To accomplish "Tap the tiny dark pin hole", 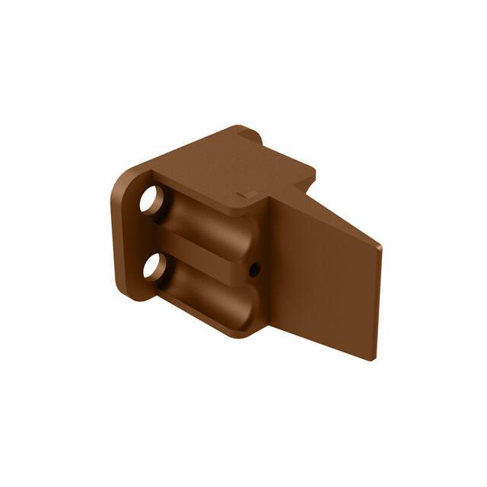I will tap(255, 268).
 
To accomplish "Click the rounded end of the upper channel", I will tap(242, 236).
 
